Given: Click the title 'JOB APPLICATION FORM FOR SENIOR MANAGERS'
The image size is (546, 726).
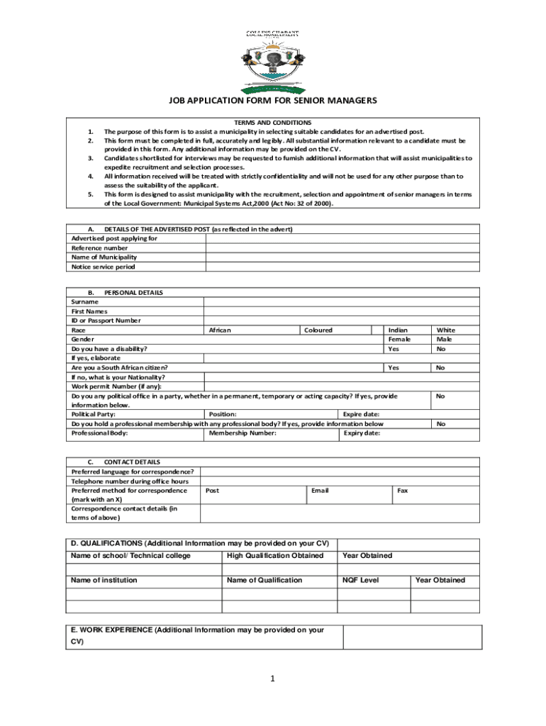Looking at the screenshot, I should click(x=272, y=101).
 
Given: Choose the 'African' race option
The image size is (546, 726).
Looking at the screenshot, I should click(x=220, y=330).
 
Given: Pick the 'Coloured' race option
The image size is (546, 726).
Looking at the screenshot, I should click(x=318, y=330).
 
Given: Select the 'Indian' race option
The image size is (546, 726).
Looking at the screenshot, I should click(x=398, y=330).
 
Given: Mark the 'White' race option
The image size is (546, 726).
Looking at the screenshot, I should click(x=446, y=330).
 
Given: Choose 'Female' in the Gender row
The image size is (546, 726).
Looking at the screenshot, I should click(x=399, y=340).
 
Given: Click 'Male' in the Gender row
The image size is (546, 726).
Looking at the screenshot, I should click(x=445, y=340).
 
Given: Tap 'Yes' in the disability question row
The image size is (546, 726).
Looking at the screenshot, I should click(x=394, y=349).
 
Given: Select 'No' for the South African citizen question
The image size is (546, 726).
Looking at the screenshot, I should click(x=440, y=368).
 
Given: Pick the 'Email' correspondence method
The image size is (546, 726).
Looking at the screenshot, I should click(x=320, y=490).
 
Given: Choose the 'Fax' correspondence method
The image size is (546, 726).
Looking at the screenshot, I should click(x=402, y=490).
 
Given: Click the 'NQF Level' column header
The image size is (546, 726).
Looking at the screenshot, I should click(x=361, y=580).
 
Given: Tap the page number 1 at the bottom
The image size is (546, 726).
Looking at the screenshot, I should click(x=272, y=678).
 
